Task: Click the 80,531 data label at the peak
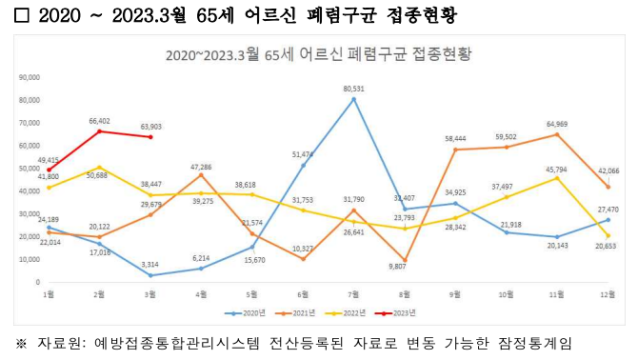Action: click(354, 89)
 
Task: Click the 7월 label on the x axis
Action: click(353, 294)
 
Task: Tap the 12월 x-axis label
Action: click(608, 294)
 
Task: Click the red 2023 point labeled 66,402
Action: click(99, 130)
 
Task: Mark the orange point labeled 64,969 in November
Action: click(557, 134)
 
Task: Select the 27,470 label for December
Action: click(607, 208)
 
